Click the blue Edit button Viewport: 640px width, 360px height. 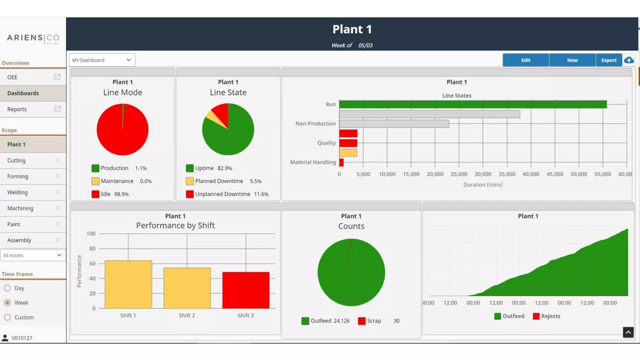tap(526, 60)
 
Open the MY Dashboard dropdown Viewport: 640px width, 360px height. tap(102, 60)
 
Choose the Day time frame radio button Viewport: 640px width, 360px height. tap(7, 288)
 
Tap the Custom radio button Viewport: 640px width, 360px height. tap(7, 317)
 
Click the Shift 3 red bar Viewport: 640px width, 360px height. tap(246, 290)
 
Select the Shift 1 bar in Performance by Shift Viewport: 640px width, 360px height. tap(128, 284)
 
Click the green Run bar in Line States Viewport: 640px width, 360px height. tap(472, 104)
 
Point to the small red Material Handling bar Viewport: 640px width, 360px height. tap(341, 162)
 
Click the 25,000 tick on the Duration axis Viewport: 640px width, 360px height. tap(459, 174)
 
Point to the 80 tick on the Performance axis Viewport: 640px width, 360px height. tap(92, 249)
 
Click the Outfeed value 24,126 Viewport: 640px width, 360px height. tap(341, 321)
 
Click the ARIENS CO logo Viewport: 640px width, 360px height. tap(33, 38)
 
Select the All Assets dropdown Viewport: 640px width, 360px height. tap(33, 255)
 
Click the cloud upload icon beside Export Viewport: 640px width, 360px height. tap(629, 60)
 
